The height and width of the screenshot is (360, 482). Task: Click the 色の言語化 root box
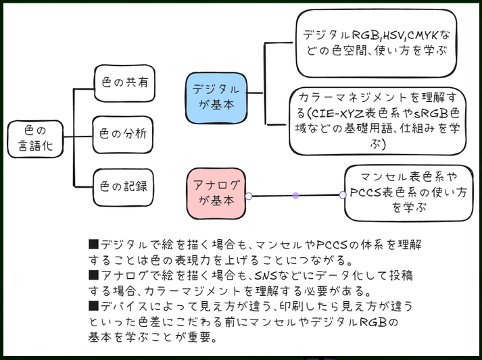[x=35, y=139]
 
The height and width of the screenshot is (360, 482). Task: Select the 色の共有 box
[x=124, y=83]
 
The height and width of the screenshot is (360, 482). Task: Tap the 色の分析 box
[x=123, y=135]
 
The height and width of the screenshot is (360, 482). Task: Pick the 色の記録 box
[x=123, y=187]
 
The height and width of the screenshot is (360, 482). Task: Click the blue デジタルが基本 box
[x=216, y=98]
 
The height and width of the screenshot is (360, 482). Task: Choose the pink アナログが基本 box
[x=216, y=194]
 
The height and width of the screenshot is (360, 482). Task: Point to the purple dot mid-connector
[x=295, y=196]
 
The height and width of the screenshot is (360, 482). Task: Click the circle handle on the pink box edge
[x=249, y=196]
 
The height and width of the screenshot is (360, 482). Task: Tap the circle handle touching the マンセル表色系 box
[x=343, y=195]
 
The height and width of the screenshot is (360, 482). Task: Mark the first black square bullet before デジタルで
[x=93, y=245]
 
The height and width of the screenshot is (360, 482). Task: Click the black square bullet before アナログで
[x=93, y=275]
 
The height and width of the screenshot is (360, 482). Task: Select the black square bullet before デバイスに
[x=93, y=306]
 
